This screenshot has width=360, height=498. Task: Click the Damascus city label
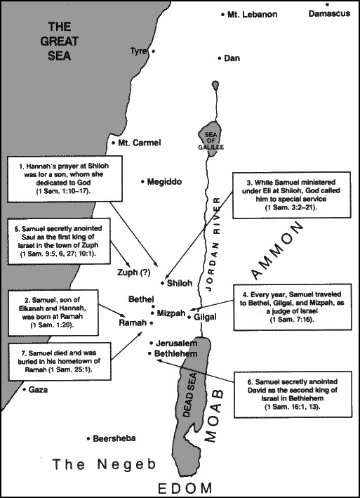click(329, 13)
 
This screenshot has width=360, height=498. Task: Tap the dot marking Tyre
click(154, 51)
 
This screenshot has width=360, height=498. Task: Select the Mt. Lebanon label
click(252, 14)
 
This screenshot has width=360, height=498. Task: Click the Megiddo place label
click(164, 182)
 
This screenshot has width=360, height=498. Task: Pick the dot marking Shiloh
click(162, 283)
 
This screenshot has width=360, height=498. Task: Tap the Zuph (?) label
click(133, 273)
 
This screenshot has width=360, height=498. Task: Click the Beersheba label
click(114, 438)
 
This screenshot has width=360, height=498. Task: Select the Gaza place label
click(38, 389)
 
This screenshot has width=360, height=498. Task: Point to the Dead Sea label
click(189, 395)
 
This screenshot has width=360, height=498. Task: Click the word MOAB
click(213, 415)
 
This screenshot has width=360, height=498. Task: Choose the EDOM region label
click(185, 488)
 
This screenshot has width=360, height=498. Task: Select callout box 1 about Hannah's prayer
click(65, 179)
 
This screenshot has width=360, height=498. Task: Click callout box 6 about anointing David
click(293, 394)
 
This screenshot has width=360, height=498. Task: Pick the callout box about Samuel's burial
click(60, 362)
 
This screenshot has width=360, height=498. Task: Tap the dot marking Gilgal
click(189, 317)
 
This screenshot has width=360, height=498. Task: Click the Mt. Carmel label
click(139, 143)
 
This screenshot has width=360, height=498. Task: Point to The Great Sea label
click(59, 41)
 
